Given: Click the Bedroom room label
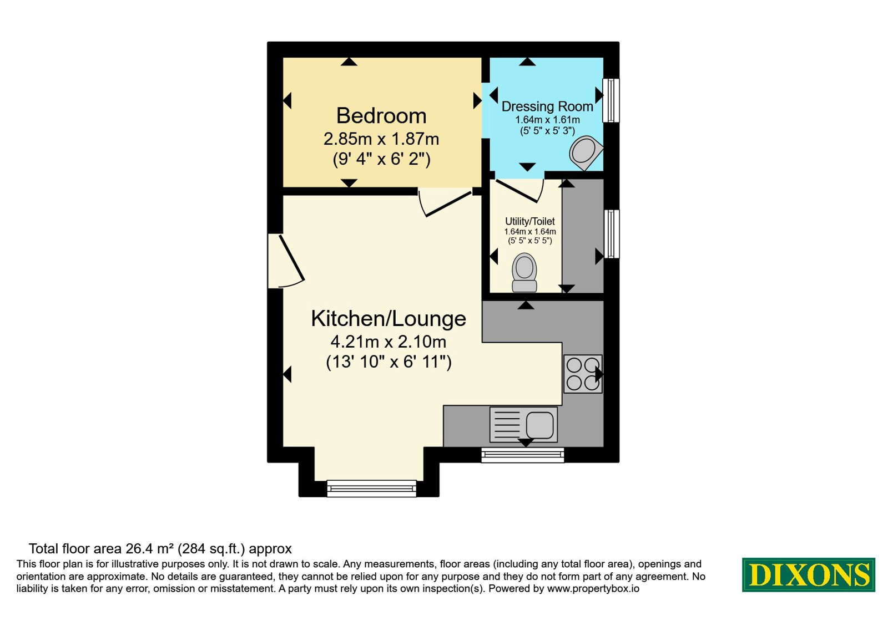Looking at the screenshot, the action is [x=381, y=116].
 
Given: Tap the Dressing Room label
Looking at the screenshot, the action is [x=547, y=106].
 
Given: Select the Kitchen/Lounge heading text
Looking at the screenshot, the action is [x=389, y=319].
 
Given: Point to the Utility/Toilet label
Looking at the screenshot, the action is [x=529, y=221].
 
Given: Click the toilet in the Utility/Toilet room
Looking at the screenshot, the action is [x=524, y=272].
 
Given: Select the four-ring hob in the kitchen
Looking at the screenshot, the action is [x=583, y=374].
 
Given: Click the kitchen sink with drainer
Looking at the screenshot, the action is [x=523, y=425].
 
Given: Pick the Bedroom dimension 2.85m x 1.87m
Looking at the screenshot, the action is [x=381, y=139].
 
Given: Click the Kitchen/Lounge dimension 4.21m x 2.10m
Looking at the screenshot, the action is [x=389, y=342].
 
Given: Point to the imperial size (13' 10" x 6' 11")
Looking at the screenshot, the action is [x=389, y=362].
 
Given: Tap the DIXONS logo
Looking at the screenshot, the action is [x=808, y=574].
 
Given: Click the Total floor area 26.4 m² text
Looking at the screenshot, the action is [x=160, y=548].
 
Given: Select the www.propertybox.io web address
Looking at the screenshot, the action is [x=593, y=588].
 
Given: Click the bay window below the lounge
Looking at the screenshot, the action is [x=371, y=488].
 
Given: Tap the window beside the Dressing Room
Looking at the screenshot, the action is [x=611, y=100].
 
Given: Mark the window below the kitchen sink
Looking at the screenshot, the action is [x=522, y=455].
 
